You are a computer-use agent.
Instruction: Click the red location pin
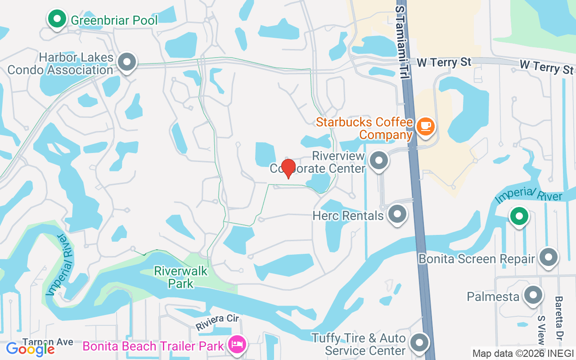288,168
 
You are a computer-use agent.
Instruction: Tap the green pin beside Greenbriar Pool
57,19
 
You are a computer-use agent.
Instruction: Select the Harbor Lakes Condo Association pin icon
127,62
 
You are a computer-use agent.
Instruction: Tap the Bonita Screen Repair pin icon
549,257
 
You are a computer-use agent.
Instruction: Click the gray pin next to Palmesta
533,295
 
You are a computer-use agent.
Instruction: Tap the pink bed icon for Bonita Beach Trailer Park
236,345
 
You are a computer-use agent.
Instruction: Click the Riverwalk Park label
181,277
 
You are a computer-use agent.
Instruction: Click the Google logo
30,349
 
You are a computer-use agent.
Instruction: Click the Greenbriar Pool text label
114,20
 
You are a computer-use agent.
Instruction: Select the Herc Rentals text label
348,216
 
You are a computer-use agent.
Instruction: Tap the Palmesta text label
493,297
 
